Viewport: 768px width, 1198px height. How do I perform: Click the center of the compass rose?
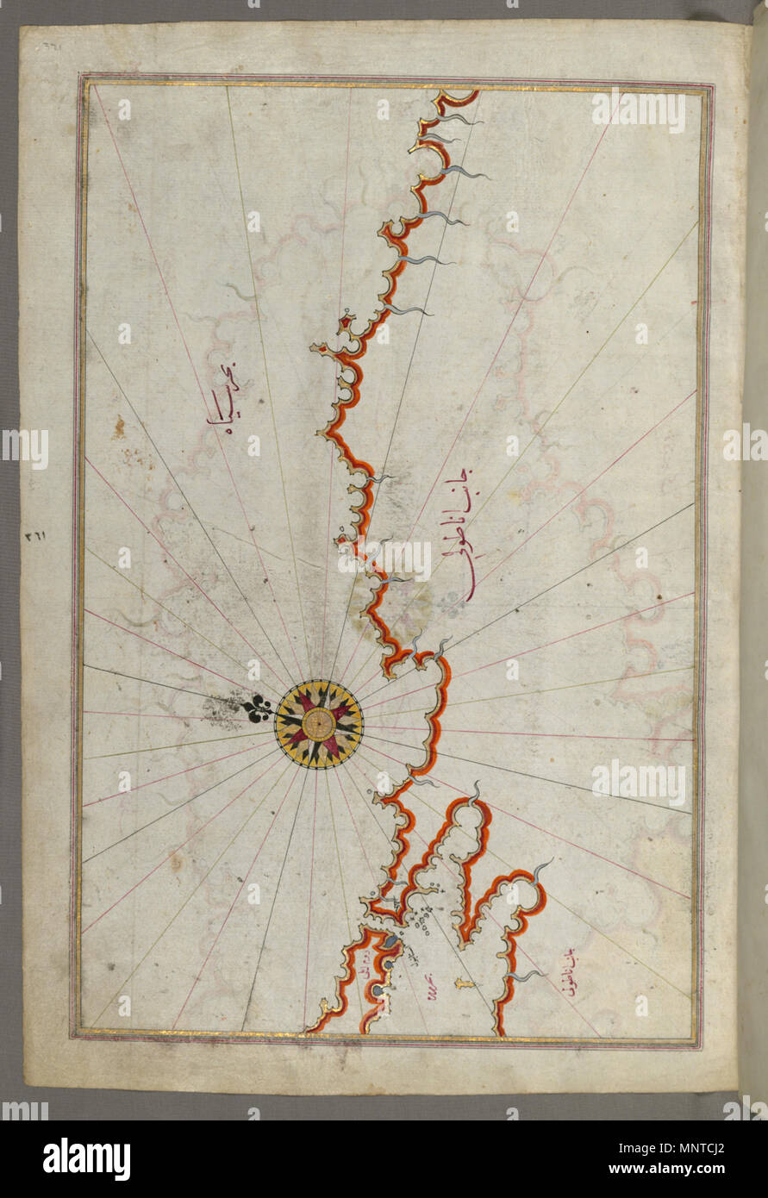pos(319,723)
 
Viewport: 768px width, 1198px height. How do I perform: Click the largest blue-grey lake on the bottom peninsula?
pos(390,942)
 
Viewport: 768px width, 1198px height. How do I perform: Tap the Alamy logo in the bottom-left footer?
pos(86,1159)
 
